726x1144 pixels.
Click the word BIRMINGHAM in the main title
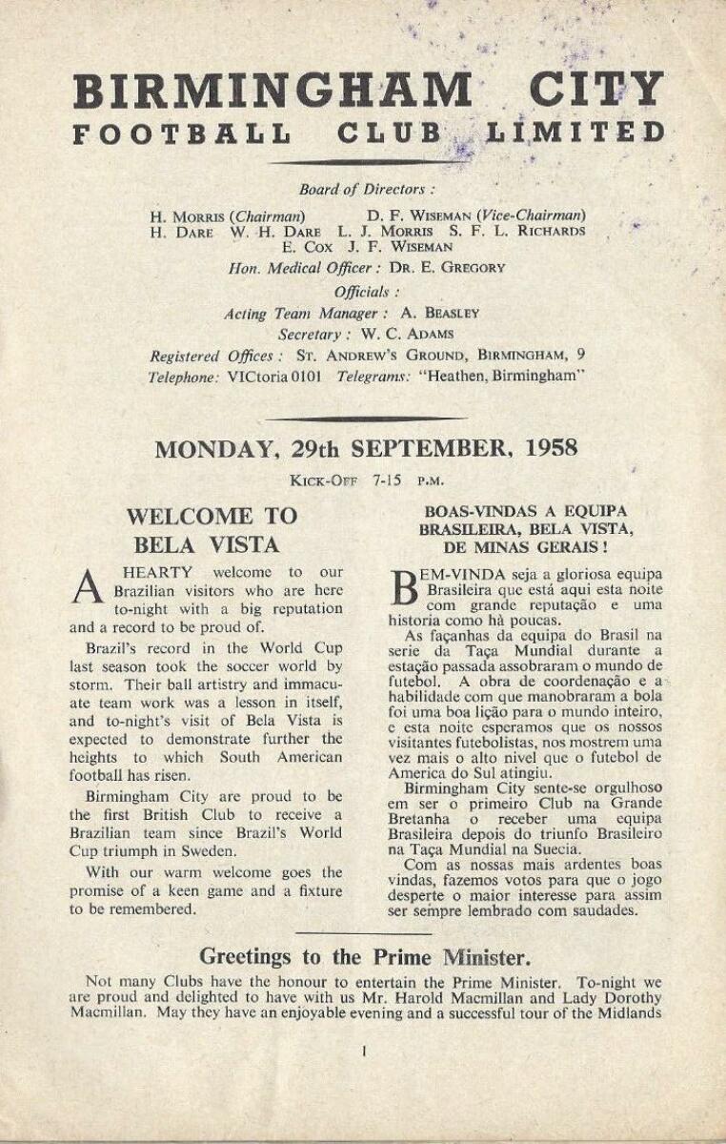pyautogui.click(x=272, y=91)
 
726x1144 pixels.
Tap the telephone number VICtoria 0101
pyautogui.click(x=274, y=377)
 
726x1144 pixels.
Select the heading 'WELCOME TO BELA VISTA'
pyautogui.click(x=212, y=530)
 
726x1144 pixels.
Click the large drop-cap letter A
pyautogui.click(x=87, y=588)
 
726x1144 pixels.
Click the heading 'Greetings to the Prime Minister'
pyautogui.click(x=365, y=956)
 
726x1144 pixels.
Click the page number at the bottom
pyautogui.click(x=364, y=1052)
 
